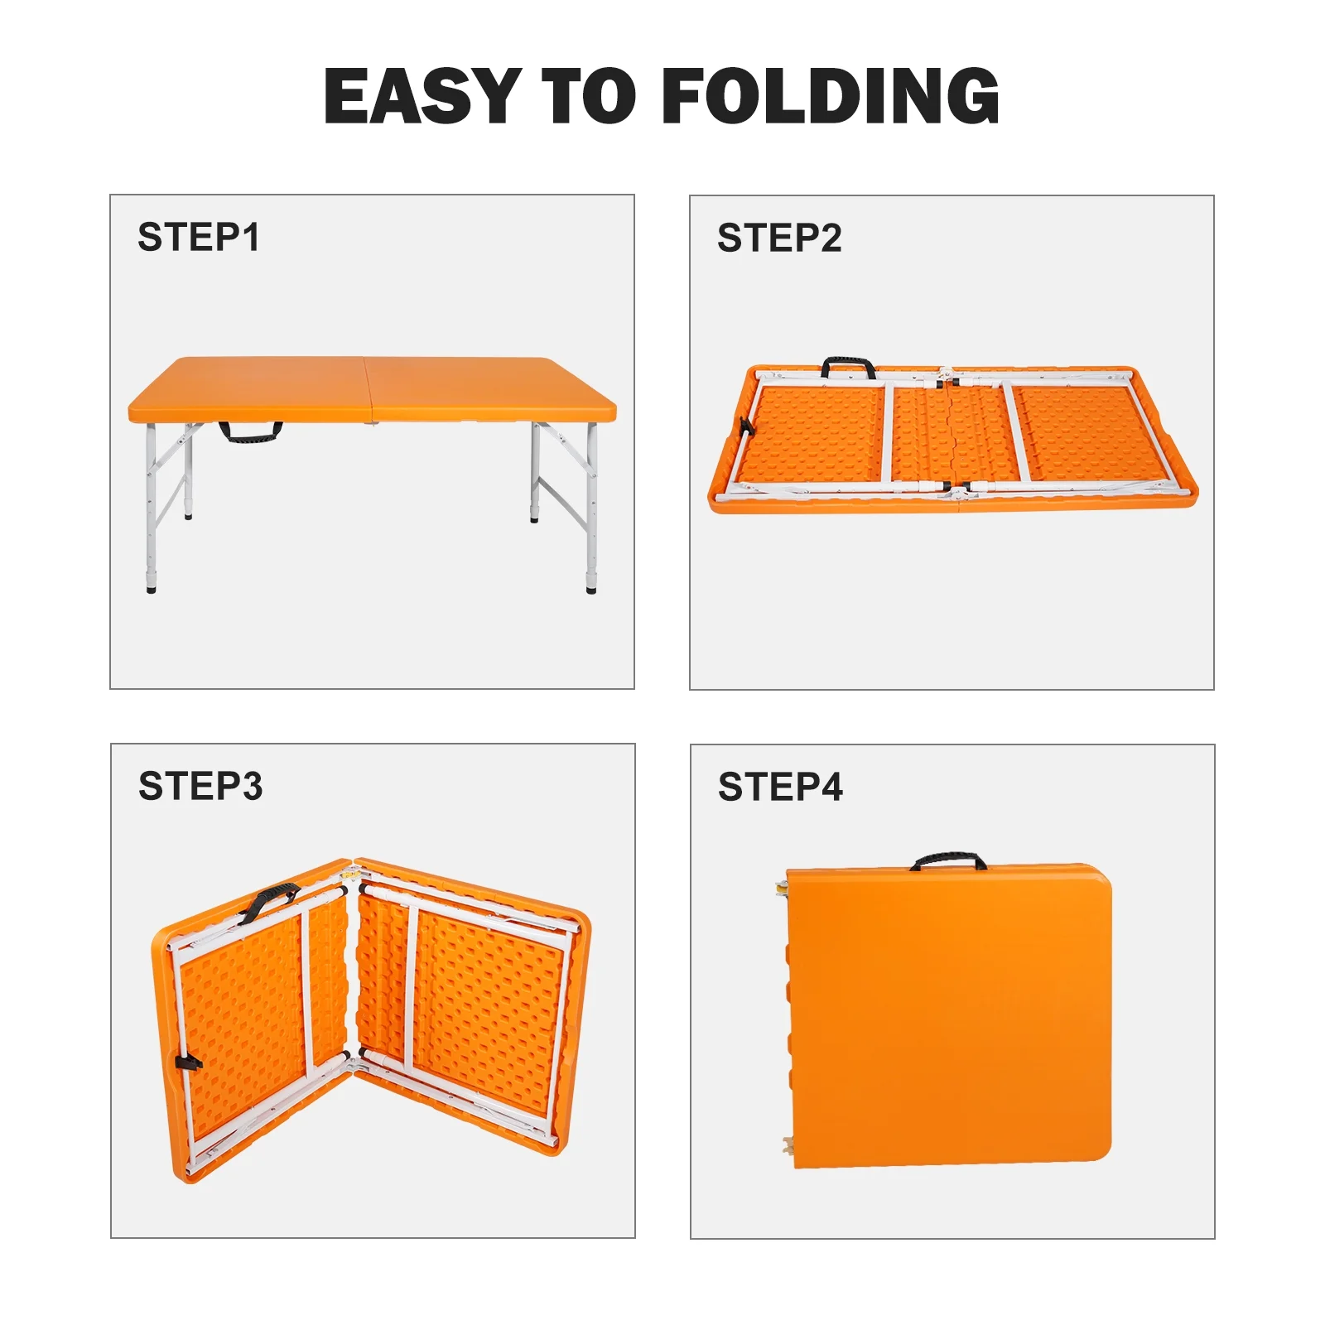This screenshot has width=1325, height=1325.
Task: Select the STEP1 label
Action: tap(199, 237)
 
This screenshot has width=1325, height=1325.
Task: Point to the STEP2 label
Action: tap(779, 238)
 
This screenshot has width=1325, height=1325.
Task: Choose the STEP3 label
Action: tap(200, 786)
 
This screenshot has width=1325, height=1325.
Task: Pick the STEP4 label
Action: tap(780, 787)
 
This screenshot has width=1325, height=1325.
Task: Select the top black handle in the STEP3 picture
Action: tap(267, 902)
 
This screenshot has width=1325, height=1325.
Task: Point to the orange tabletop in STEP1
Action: tap(373, 389)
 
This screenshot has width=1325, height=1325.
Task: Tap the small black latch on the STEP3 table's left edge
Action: tap(188, 1062)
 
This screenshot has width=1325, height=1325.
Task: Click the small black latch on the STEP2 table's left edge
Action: tap(745, 427)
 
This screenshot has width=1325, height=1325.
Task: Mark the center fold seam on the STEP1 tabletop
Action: tap(369, 391)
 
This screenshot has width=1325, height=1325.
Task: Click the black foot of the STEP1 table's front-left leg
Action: tap(151, 589)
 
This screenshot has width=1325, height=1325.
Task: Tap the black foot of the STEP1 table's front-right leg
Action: tap(590, 589)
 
